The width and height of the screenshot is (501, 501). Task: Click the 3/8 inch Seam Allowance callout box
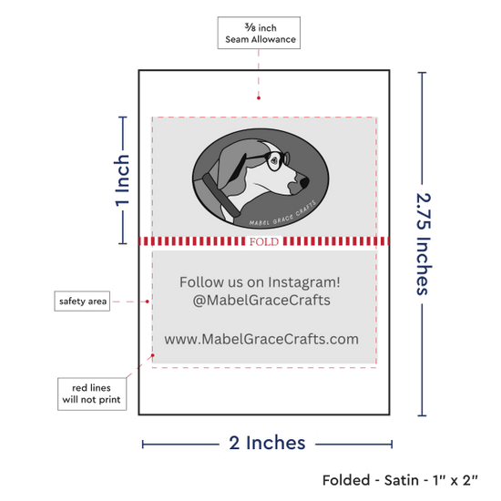(x=259, y=33)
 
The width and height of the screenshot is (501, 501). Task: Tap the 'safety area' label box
(x=82, y=301)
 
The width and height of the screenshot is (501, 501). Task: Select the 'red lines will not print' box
(x=92, y=394)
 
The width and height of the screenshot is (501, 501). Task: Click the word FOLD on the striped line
(x=264, y=241)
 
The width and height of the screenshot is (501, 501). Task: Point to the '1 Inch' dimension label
(x=122, y=180)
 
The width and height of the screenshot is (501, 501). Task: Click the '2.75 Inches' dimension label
(x=424, y=244)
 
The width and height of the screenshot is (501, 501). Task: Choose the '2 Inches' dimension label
(x=267, y=443)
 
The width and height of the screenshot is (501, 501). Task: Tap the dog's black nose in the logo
(x=304, y=182)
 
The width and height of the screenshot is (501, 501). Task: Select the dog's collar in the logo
(x=221, y=195)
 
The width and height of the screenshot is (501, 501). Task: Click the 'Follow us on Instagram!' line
(x=260, y=282)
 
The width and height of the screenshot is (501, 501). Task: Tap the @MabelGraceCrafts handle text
(x=261, y=301)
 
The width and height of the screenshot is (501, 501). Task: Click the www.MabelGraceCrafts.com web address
(x=261, y=339)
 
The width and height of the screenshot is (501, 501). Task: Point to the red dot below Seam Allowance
(x=259, y=97)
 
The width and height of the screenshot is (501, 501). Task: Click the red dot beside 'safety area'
(x=148, y=302)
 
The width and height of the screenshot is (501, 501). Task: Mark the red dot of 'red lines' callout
(x=153, y=355)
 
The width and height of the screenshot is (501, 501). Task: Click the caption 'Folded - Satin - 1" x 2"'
(x=400, y=480)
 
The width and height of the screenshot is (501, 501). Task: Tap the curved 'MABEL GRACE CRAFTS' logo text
(x=282, y=215)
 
